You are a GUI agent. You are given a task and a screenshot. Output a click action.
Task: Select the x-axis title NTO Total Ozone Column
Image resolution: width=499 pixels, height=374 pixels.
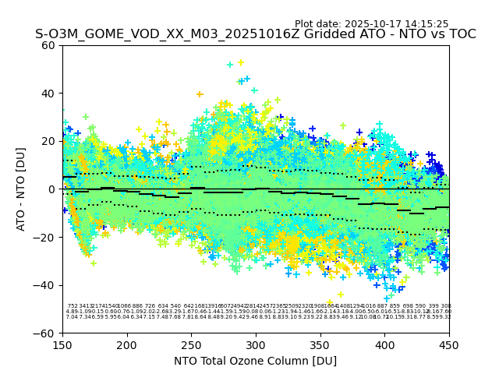[255, 361]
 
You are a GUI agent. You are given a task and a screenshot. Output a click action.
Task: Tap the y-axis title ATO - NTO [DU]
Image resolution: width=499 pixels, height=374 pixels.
[22, 189]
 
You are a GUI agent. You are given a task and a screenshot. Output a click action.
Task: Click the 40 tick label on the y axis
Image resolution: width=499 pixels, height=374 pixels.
[49, 93]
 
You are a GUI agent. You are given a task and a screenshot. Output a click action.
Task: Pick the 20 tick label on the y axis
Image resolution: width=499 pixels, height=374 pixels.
[49, 141]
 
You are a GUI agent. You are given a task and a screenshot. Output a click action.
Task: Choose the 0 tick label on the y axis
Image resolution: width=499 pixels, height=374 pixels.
[52, 189]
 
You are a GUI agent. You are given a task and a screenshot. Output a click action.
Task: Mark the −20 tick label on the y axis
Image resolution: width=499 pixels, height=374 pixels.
[46, 238]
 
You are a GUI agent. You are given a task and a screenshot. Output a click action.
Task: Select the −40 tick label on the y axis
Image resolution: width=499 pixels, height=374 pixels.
[46, 285]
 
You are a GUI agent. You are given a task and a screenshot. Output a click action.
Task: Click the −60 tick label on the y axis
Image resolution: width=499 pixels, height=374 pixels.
[46, 333]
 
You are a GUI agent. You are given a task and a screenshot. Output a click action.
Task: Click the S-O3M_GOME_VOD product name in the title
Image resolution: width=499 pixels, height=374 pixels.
[86, 35]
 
